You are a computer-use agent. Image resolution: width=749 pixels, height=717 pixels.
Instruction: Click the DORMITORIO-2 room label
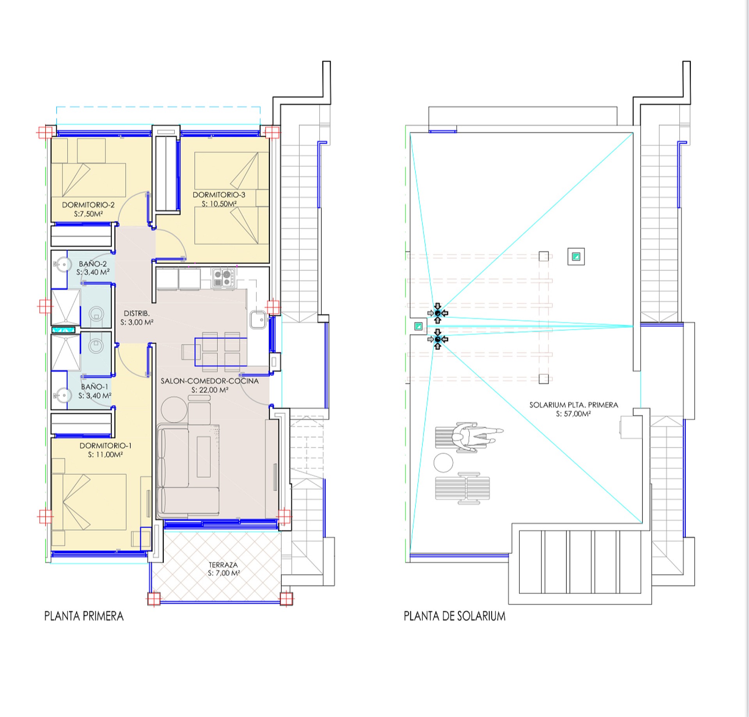pyautogui.click(x=88, y=205)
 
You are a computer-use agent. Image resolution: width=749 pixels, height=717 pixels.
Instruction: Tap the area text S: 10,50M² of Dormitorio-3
pyautogui.click(x=219, y=204)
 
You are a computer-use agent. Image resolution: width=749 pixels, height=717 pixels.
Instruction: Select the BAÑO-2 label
pyautogui.click(x=92, y=264)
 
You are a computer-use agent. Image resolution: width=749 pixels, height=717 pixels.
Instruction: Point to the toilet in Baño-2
pyautogui.click(x=96, y=313)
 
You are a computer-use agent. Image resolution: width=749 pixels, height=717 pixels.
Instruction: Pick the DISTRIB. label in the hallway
pyautogui.click(x=137, y=313)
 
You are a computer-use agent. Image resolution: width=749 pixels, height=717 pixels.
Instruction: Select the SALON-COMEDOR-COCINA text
pyautogui.click(x=209, y=381)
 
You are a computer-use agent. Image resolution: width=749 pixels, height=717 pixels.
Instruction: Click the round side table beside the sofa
pyautogui.click(x=174, y=409)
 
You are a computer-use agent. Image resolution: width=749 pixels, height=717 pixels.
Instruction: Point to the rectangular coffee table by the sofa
pyautogui.click(x=204, y=457)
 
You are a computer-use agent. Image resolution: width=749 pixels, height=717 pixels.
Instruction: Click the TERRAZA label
pyautogui.click(x=223, y=565)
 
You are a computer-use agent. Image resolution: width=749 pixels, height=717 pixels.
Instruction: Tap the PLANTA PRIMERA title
pyautogui.click(x=84, y=616)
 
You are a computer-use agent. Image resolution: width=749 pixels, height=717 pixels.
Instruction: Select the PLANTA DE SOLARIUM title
pyautogui.click(x=454, y=616)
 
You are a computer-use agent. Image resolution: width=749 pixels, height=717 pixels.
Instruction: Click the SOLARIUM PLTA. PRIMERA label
pyautogui.click(x=573, y=405)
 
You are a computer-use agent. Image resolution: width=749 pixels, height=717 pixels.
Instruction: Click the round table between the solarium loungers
pyautogui.click(x=444, y=463)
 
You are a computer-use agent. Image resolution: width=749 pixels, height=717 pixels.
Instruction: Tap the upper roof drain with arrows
pyautogui.click(x=438, y=313)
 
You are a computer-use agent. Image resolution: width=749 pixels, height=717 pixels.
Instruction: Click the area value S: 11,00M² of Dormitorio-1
pyautogui.click(x=105, y=455)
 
